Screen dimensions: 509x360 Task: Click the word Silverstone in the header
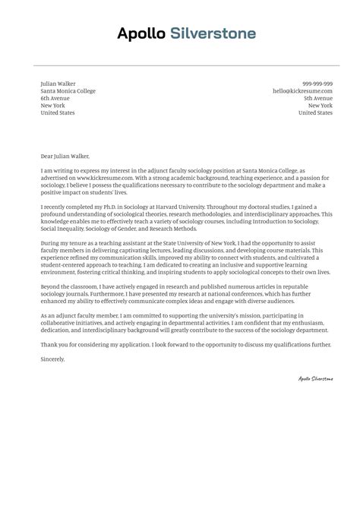pos(213,33)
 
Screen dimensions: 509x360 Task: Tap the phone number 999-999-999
pos(317,83)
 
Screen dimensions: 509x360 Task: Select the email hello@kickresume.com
pos(302,90)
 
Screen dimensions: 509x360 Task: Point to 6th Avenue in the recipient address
pos(55,98)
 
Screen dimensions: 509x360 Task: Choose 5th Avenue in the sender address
pos(318,98)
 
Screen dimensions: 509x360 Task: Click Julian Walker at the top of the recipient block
pos(58,83)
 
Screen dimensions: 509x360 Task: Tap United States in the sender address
pos(315,112)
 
